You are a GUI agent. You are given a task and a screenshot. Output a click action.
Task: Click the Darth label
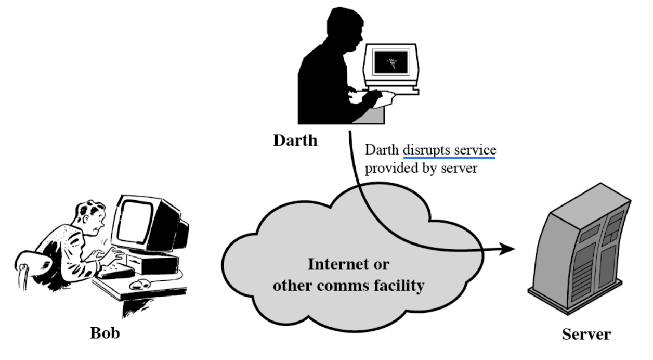tap(295, 140)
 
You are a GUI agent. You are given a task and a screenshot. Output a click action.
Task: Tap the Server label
tap(586, 333)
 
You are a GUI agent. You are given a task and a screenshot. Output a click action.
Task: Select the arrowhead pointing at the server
tap(506, 250)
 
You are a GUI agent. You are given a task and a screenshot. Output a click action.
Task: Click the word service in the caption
tap(474, 150)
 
